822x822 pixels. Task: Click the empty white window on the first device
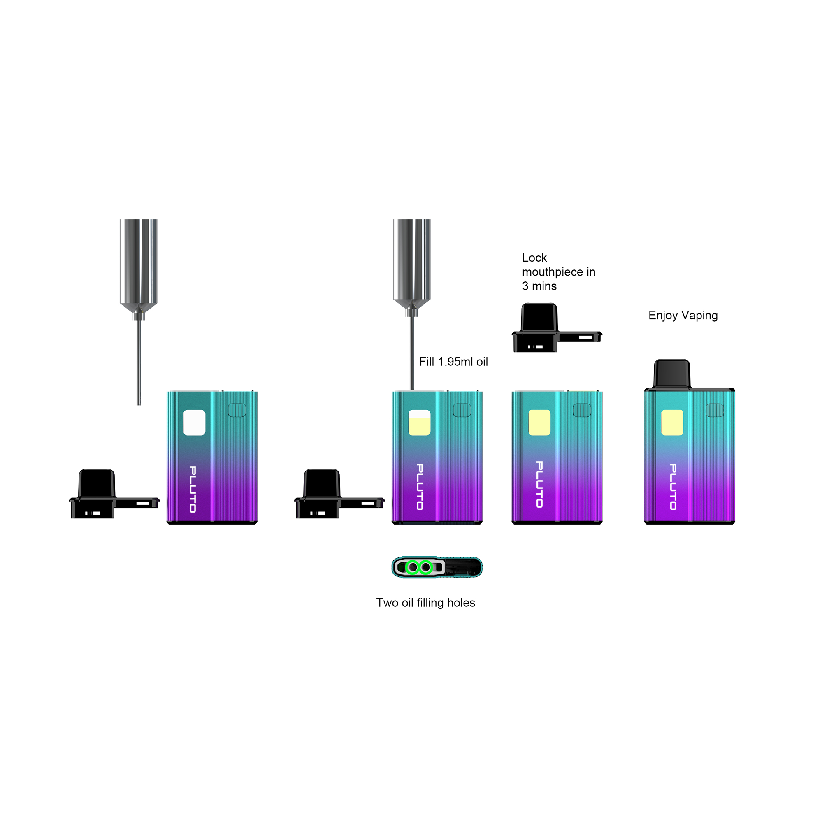coord(194,423)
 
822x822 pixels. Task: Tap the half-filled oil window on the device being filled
coord(419,423)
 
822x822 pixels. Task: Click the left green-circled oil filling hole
coord(412,567)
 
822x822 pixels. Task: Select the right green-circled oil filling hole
coord(425,567)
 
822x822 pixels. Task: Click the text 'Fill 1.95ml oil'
coord(453,362)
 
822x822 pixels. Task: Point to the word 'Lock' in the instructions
coord(534,258)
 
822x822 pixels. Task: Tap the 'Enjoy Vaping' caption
coord(683,315)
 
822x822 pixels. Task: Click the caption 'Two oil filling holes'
coord(425,602)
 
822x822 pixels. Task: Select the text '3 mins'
coord(539,286)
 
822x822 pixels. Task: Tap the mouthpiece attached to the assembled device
coord(671,374)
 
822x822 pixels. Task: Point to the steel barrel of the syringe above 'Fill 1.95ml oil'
coord(411,260)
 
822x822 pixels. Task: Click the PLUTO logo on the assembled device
coord(673,487)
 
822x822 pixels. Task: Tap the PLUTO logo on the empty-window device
coord(192,489)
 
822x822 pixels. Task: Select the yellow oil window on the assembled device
coord(672,423)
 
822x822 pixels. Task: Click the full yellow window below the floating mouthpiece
coord(539,423)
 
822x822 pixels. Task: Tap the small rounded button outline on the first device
coord(237,410)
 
